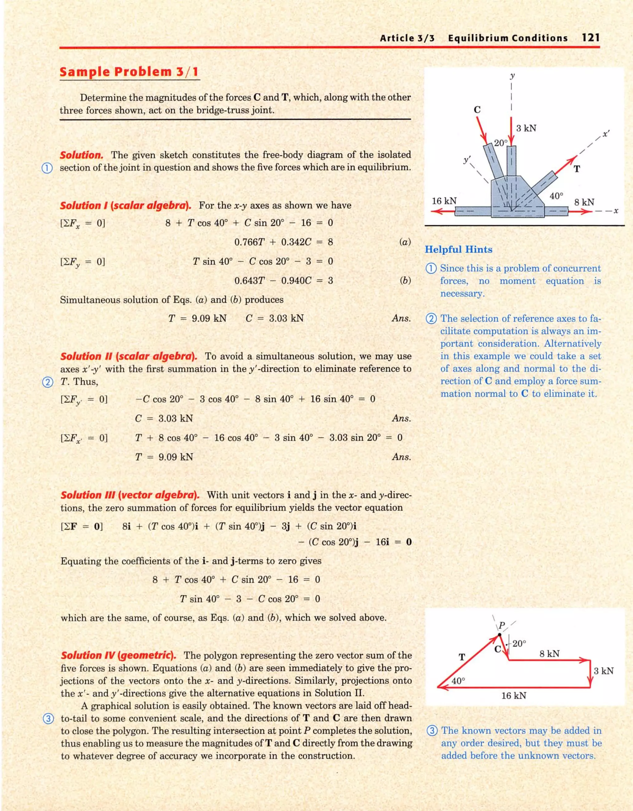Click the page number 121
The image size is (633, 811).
[x=590, y=38]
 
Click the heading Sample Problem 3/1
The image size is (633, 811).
[x=130, y=72]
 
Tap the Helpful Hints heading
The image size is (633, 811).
[x=458, y=249]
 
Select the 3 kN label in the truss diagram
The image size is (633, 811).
[x=526, y=128]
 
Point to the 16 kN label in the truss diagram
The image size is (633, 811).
[x=444, y=201]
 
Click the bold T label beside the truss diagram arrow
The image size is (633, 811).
[x=576, y=169]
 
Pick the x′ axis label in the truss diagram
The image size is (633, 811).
[x=606, y=134]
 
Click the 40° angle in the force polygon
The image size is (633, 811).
[x=458, y=681]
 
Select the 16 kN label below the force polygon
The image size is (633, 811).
[x=513, y=695]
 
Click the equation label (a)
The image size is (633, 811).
[x=405, y=242]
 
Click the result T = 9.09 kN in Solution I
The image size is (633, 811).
[x=197, y=318]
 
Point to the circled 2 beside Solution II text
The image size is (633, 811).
[x=47, y=382]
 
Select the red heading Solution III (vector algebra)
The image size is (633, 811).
[x=130, y=495]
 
